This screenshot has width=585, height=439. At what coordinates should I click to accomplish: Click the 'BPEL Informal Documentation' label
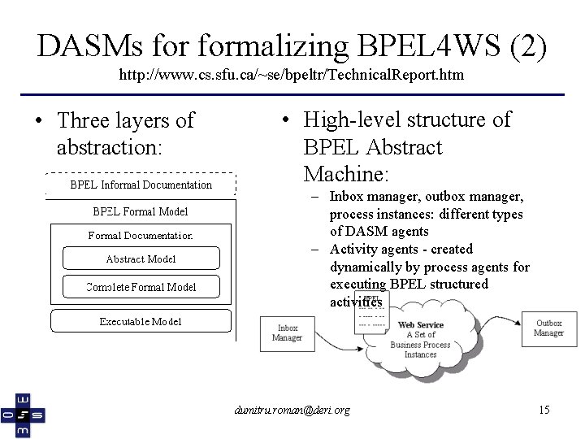point(141,185)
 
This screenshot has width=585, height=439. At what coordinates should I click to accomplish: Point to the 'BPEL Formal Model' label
point(141,212)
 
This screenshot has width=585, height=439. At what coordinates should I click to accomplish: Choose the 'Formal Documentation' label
point(141,236)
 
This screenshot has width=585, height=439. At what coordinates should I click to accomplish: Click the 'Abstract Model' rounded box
point(141,259)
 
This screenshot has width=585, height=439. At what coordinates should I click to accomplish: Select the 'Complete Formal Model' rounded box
point(141,287)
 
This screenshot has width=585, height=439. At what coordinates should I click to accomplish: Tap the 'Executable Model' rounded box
point(141,321)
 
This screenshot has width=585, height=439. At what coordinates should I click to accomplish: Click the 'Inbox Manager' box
point(287,333)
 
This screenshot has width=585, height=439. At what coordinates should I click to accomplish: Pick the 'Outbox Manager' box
point(548,328)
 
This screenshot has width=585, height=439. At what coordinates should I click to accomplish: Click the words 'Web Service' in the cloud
point(420,325)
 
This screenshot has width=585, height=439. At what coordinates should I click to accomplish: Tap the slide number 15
point(544,410)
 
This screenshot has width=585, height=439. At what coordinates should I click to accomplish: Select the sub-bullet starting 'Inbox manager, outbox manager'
point(426,215)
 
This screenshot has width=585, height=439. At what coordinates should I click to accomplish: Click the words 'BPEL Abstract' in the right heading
point(372,147)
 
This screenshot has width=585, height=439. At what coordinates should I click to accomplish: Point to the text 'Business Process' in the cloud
point(420,345)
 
